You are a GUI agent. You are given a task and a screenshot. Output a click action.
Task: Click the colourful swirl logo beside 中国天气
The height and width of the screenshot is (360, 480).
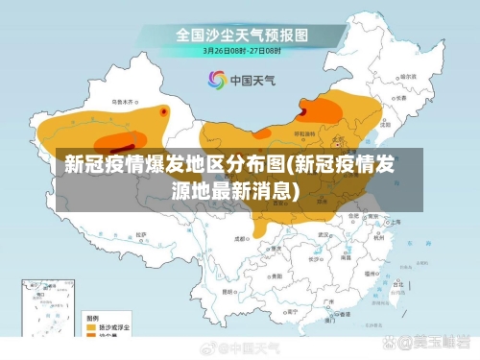[x=216, y=80]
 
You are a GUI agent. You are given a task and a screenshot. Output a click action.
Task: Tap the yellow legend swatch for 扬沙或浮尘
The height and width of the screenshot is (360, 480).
[x=94, y=326]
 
